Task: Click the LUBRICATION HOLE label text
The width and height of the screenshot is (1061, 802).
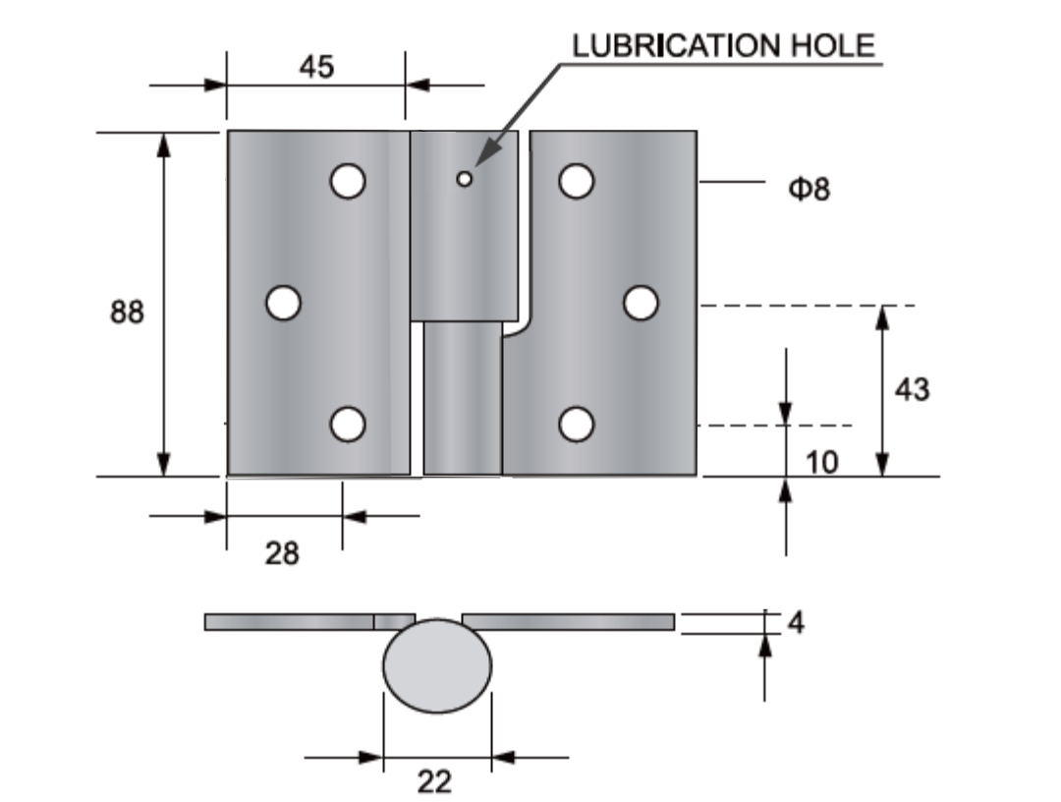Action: [x=723, y=46]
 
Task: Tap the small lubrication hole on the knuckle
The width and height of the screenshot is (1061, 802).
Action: [x=465, y=179]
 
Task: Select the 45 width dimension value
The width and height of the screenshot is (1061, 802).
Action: [x=315, y=66]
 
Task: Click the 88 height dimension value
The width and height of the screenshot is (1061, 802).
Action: [x=127, y=313]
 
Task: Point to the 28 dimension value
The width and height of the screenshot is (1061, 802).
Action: [x=282, y=553]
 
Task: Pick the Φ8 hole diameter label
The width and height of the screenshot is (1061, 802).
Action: [x=810, y=188]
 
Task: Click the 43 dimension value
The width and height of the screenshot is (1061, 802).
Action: [x=911, y=389]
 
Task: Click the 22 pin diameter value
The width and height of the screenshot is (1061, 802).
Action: [x=434, y=782]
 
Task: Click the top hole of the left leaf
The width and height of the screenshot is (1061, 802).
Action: [x=348, y=181]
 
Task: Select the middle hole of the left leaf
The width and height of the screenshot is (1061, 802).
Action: [x=283, y=302]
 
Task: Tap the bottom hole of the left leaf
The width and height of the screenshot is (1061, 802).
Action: [x=348, y=424]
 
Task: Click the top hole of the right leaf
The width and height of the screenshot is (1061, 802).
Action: [x=577, y=181]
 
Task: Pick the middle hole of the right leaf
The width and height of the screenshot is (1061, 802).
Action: [x=641, y=303]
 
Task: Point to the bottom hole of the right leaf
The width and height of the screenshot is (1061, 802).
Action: [x=577, y=424]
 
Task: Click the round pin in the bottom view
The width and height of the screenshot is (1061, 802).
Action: [x=436, y=665]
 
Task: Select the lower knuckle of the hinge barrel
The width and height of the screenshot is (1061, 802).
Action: [x=463, y=399]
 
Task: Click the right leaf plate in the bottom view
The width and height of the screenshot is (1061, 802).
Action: [x=568, y=621]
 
